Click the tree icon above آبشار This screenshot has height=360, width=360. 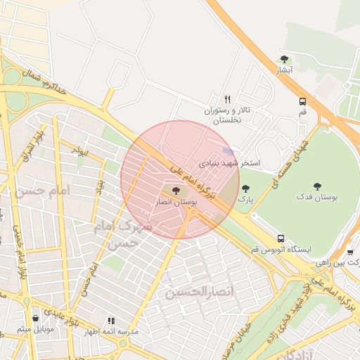284,59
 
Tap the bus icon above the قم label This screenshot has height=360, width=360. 302,101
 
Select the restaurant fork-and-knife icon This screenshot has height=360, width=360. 227,100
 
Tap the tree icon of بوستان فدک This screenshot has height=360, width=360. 317,186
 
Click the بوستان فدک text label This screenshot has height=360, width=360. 317,198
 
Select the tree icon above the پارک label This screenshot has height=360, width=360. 245,188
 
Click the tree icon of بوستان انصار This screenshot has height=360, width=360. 175,190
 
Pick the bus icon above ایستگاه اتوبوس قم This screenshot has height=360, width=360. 281,238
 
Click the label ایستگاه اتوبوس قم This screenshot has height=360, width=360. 280,250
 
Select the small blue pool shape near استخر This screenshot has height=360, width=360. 227,152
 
